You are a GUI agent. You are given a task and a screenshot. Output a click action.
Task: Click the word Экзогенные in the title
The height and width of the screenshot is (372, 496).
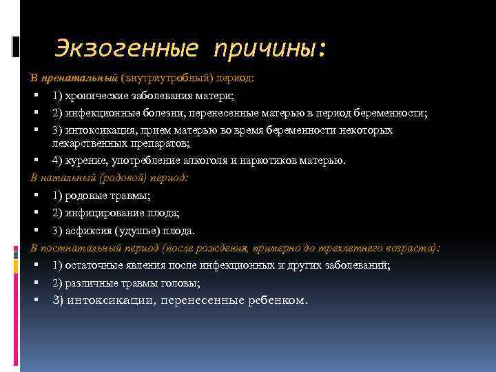127,48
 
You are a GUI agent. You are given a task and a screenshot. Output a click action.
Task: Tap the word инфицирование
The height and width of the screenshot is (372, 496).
101,213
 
